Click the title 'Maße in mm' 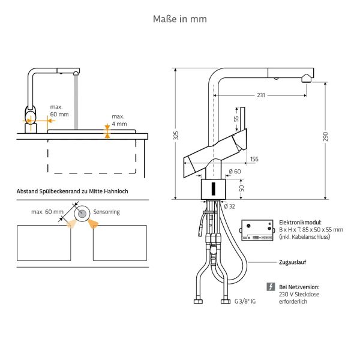click(180, 19)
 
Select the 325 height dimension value click(176, 136)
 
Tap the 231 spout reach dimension click(261, 95)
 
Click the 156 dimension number click(254, 159)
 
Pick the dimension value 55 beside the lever click(236, 119)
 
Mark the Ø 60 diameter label click(235, 172)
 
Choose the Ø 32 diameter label click(229, 206)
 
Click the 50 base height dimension click(242, 188)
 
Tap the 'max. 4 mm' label click(119, 120)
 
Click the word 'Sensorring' click(106, 212)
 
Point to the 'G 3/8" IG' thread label click(245, 302)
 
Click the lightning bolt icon click(271, 287)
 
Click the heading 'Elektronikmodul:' click(300, 222)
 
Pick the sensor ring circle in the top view click(80, 213)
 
